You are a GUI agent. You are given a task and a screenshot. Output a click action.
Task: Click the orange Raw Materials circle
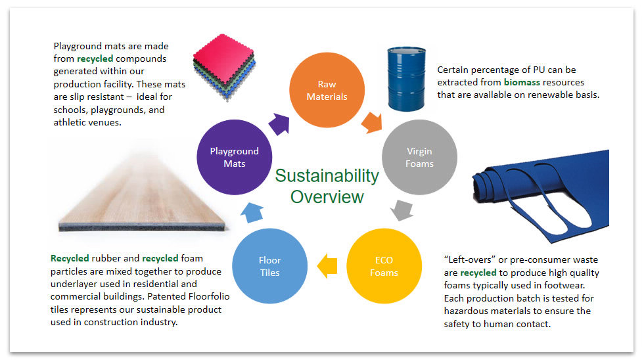coord(327,90)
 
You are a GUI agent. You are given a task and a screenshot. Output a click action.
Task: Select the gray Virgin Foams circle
coord(419,157)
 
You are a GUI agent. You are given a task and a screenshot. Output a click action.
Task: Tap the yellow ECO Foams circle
coord(384,266)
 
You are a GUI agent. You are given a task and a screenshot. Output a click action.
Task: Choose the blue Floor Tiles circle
coord(270,266)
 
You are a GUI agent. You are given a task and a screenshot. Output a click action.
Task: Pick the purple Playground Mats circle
coord(235,157)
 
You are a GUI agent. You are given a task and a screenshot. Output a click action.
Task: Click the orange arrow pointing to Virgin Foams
coord(372,122)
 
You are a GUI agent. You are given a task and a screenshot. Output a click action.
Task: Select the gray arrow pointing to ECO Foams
coord(402,210)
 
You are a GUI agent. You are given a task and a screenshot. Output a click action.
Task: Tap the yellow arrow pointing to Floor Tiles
coord(327,266)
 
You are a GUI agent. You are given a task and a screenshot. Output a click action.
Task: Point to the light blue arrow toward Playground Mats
coord(252,212)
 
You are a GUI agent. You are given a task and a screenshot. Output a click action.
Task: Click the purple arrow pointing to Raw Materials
coord(280,124)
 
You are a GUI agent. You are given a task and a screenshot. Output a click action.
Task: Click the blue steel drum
coord(407,79)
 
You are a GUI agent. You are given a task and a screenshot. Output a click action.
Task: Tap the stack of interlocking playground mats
coord(225,67)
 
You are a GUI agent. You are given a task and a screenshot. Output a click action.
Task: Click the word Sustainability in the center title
coord(327,175)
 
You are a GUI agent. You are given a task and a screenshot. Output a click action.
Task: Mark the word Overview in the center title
coord(327,197)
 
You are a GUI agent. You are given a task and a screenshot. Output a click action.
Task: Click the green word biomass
coord(522,82)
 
